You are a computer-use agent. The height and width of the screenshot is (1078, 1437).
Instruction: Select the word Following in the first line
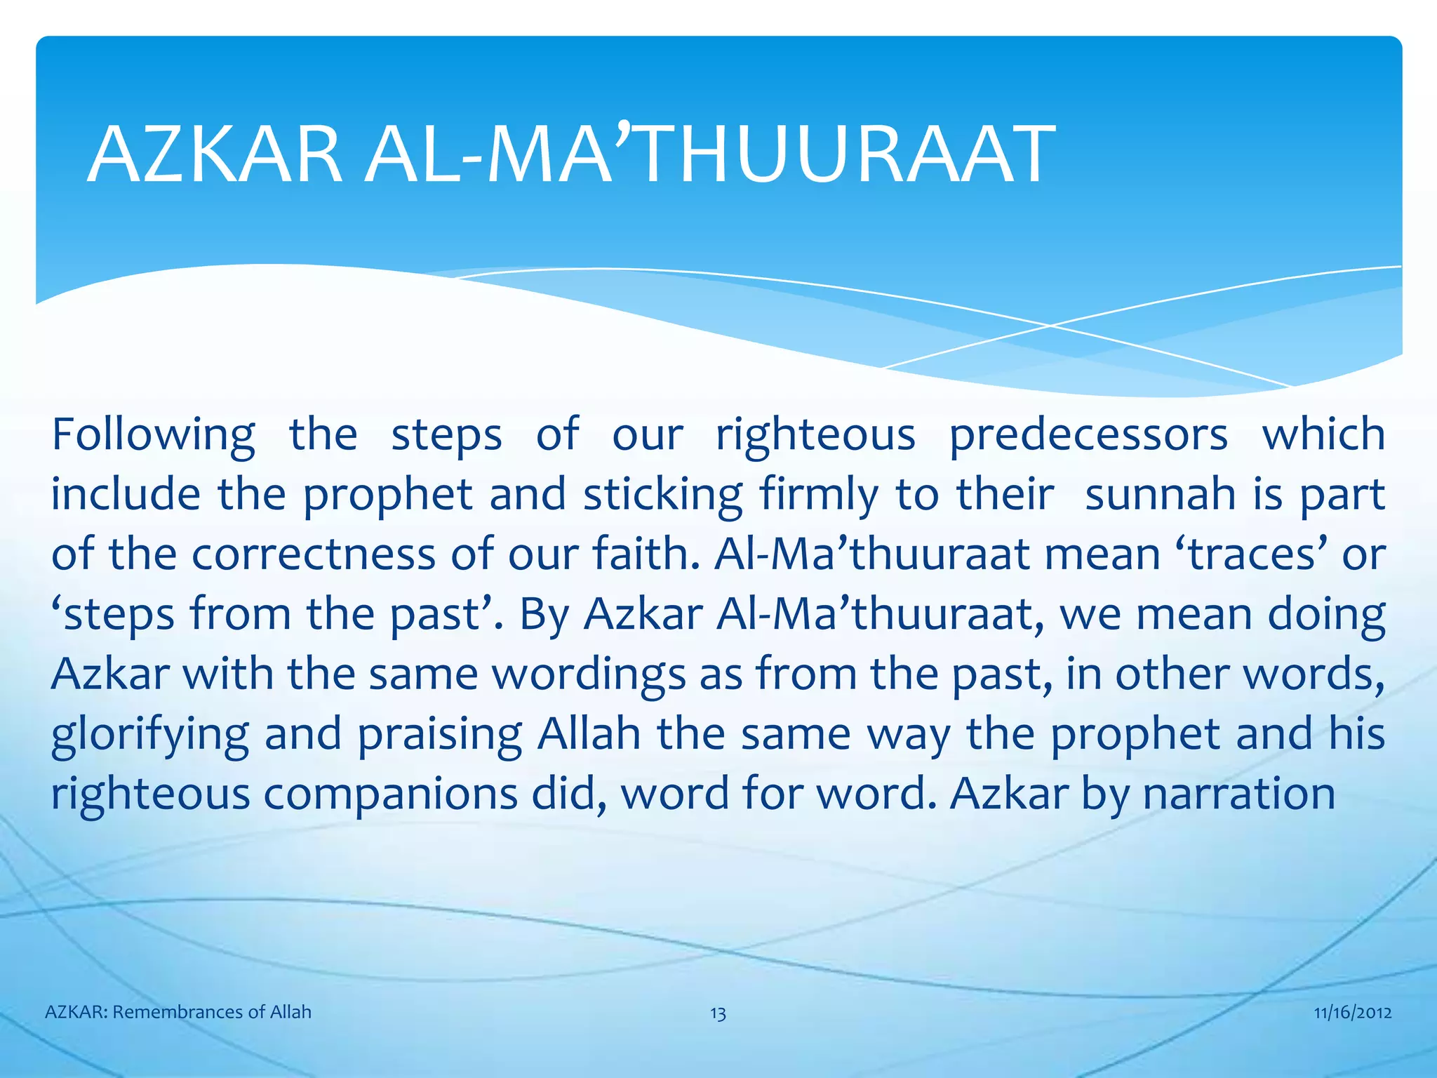[153, 435]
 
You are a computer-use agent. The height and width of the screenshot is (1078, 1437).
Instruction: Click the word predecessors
[1088, 435]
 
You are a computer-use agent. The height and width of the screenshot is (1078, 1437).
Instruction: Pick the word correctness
[313, 554]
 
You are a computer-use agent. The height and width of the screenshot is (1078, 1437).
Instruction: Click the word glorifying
[149, 735]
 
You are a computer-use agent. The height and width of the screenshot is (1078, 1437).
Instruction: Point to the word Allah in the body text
[589, 733]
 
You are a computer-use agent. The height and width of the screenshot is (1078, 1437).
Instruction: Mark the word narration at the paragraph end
[1238, 794]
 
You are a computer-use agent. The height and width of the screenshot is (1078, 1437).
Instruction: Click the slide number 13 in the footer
[718, 1013]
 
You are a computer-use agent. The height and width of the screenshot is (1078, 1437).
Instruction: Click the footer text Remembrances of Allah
[211, 1012]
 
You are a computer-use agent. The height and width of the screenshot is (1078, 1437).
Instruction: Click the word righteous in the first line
[815, 435]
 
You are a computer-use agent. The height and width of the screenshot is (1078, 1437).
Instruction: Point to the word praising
[439, 735]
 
